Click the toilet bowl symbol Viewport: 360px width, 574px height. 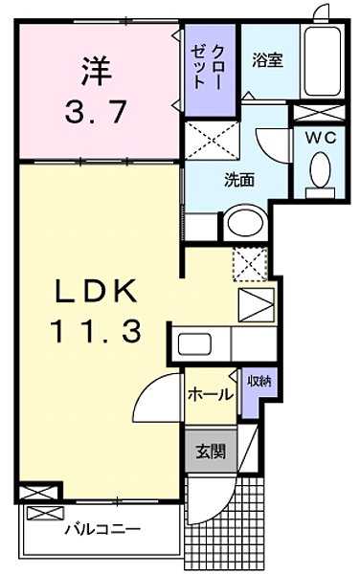pyautogui.click(x=319, y=171)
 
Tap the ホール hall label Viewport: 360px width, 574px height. pyautogui.click(x=208, y=393)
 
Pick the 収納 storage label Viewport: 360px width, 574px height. pyautogui.click(x=258, y=382)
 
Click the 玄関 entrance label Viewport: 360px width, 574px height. pyautogui.click(x=210, y=450)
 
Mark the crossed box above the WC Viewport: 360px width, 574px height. pyautogui.click(x=317, y=112)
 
